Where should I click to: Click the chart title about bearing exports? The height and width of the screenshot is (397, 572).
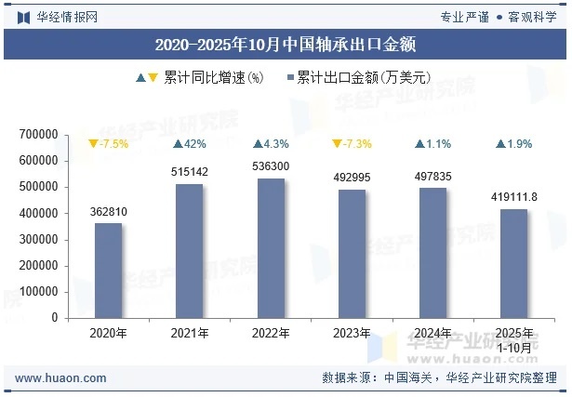[x=285, y=44]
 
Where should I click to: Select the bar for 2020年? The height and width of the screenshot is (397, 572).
[x=108, y=271]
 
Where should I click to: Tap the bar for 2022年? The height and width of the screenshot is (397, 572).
[x=271, y=248]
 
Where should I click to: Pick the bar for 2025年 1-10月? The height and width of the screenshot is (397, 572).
[x=514, y=263]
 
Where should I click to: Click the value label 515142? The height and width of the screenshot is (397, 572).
[x=189, y=172]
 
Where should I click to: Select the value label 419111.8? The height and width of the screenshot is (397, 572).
[x=514, y=197]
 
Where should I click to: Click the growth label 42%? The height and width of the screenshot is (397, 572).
[x=190, y=144]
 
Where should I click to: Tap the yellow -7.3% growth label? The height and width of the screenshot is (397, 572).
[x=352, y=144]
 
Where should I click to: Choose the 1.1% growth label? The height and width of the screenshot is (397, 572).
[x=433, y=144]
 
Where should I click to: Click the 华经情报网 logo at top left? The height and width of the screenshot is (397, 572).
[x=57, y=17]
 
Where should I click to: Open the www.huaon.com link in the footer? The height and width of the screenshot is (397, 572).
[x=61, y=378]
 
